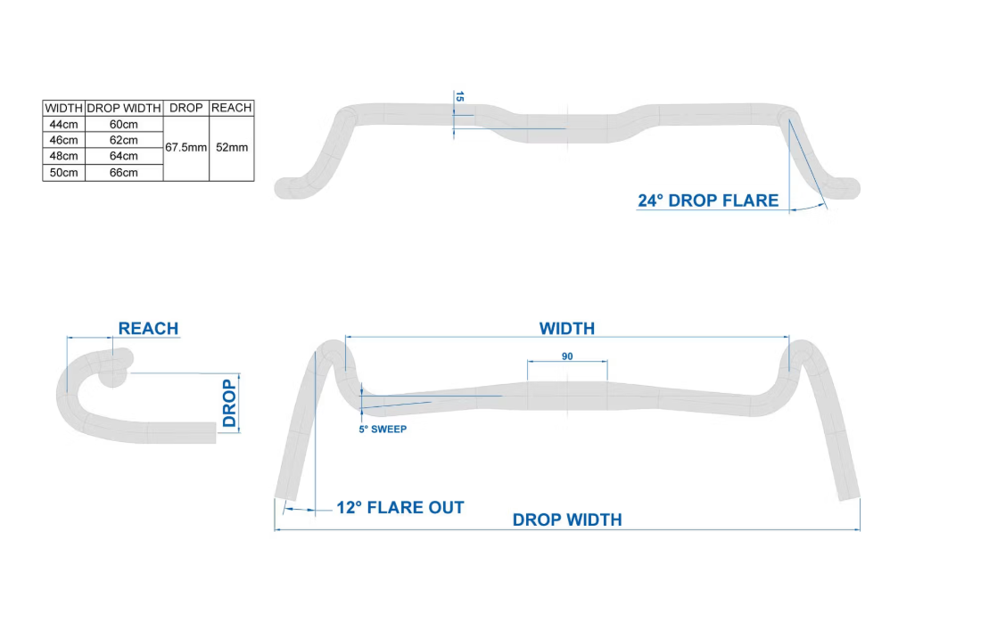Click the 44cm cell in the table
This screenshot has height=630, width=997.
coord(63,124)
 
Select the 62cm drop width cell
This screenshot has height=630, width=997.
coord(123,140)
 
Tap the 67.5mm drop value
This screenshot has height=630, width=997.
coord(185,147)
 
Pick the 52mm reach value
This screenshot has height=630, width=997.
coord(232,147)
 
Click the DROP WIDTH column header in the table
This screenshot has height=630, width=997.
coord(123,108)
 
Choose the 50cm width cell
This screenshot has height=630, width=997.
coord(63,172)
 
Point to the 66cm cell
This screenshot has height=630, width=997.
coord(123,172)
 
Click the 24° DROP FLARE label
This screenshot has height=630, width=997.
coord(708,200)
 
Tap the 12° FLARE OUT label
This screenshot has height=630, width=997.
coord(400,508)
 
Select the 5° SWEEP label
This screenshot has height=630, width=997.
coord(383,429)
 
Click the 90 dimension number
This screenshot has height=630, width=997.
coord(567,356)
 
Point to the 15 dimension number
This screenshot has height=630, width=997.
coord(459,96)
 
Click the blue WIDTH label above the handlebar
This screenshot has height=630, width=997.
coord(566,328)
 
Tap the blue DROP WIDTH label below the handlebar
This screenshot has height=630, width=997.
coord(567,520)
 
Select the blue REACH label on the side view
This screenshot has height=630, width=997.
coord(148,328)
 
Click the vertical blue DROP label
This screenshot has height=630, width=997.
coord(230,403)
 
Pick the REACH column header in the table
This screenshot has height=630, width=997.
coord(232,108)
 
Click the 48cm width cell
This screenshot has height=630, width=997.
coord(63,156)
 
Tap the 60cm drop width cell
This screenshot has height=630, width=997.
coord(123,124)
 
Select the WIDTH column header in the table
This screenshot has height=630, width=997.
coord(63,108)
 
